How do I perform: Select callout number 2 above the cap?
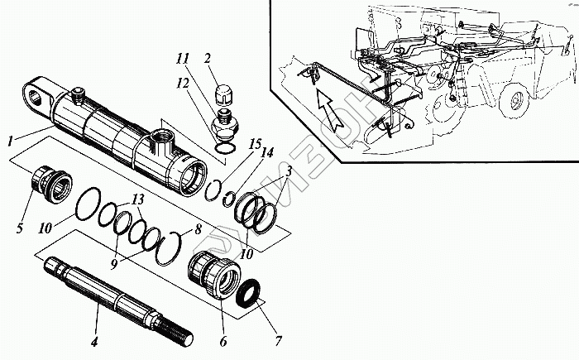[x=208, y=59]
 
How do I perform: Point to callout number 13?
[x=136, y=200]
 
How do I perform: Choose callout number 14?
[x=266, y=152]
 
